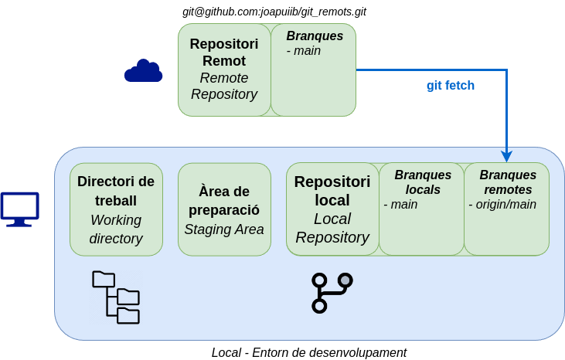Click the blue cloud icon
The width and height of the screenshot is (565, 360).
pyautogui.click(x=144, y=71)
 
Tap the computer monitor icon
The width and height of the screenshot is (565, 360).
pyautogui.click(x=19, y=209)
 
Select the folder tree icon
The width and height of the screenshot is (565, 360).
pyautogui.click(x=116, y=297)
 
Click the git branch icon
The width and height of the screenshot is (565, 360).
pyautogui.click(x=332, y=293)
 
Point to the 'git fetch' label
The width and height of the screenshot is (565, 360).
pyautogui.click(x=451, y=85)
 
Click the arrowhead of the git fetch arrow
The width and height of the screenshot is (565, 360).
pyautogui.click(x=506, y=157)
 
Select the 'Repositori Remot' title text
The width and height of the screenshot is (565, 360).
pyautogui.click(x=224, y=53)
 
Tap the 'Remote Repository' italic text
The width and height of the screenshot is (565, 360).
pyautogui.click(x=224, y=87)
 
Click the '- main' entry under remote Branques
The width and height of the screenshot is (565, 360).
pyautogui.click(x=304, y=51)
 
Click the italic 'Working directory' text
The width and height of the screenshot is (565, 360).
pyautogui.click(x=116, y=229)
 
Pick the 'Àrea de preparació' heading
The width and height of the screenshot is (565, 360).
pyautogui.click(x=224, y=201)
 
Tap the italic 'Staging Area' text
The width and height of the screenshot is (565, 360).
pyautogui.click(x=224, y=229)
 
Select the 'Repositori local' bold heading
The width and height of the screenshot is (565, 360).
pyautogui.click(x=332, y=191)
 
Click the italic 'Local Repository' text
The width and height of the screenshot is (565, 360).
pyautogui.click(x=332, y=228)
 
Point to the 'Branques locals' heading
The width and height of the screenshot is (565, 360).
pyautogui.click(x=423, y=182)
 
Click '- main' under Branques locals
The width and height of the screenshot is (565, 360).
pyautogui.click(x=400, y=205)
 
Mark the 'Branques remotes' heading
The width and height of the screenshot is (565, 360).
pyautogui.click(x=508, y=182)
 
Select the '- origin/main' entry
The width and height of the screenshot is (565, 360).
pyautogui.click(x=502, y=205)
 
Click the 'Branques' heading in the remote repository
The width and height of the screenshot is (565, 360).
pyautogui.click(x=315, y=36)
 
